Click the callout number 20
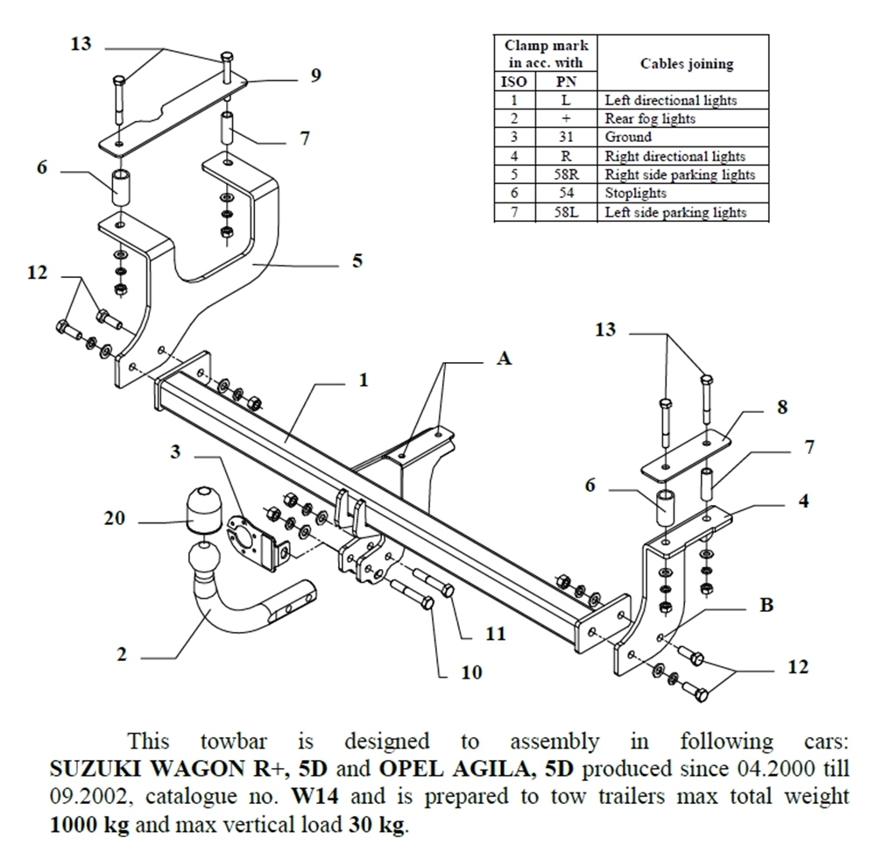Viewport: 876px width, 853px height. click(115, 519)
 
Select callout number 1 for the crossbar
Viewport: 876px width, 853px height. click(363, 380)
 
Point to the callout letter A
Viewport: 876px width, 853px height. click(504, 359)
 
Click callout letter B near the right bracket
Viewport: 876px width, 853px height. click(766, 606)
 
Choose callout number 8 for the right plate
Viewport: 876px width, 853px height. click(782, 407)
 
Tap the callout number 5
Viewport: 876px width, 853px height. click(357, 260)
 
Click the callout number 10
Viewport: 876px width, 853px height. click(472, 672)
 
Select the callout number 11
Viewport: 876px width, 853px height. click(496, 633)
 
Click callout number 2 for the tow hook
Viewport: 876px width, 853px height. click(122, 653)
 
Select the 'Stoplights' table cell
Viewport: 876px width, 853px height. click(635, 194)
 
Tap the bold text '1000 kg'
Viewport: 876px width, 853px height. click(83, 826)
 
